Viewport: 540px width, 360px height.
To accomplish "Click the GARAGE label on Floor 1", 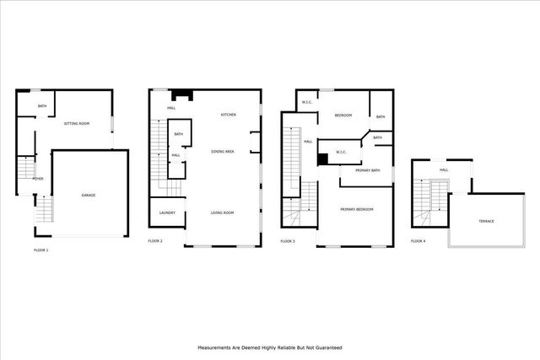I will pyautogui.click(x=88, y=196).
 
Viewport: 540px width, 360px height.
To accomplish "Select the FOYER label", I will pyautogui.click(x=38, y=179).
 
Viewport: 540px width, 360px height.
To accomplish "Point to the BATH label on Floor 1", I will pyautogui.click(x=41, y=105).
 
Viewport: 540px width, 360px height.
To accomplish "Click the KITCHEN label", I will pyautogui.click(x=229, y=115).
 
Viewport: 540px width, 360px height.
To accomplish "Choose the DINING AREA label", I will pyautogui.click(x=223, y=151).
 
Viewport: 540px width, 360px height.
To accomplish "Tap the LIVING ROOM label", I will pyautogui.click(x=222, y=212).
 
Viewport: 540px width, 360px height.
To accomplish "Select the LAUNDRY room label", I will pyautogui.click(x=167, y=212).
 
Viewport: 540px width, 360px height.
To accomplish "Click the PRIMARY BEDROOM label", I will pyautogui.click(x=356, y=208).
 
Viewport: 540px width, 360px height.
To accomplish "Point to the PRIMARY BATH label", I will pyautogui.click(x=368, y=171).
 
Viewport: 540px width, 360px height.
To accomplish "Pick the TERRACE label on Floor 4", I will pyautogui.click(x=486, y=221).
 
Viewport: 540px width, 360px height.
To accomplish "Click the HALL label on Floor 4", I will pyautogui.click(x=443, y=170).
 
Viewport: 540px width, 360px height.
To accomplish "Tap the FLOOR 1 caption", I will pyautogui.click(x=40, y=250).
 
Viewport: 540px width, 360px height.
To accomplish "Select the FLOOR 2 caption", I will pyautogui.click(x=155, y=241).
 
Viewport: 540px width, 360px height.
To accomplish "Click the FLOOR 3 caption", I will pyautogui.click(x=288, y=241).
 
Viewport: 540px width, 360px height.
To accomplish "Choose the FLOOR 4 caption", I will pyautogui.click(x=418, y=241).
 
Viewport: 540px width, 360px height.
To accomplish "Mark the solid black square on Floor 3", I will pyautogui.click(x=322, y=158).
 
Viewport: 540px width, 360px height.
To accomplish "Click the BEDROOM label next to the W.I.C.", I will pyautogui.click(x=343, y=116).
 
